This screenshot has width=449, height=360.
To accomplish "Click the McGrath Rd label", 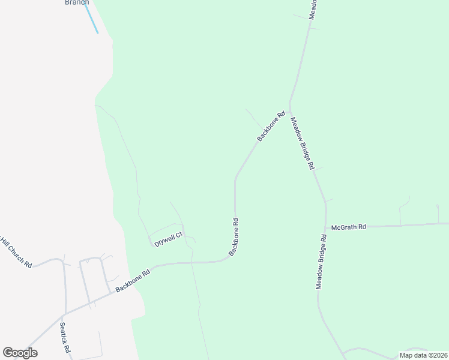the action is click(348, 227).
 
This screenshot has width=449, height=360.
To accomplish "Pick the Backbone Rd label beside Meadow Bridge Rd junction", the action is click(271, 126).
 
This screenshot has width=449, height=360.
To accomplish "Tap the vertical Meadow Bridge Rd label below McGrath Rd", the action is click(322, 262).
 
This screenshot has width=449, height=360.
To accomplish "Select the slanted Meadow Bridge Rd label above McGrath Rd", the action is click(303, 143).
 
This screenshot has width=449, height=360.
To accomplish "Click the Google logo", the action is click(20, 353).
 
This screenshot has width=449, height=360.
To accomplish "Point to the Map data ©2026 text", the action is click(423, 355).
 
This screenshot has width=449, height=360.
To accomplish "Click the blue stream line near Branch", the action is click(92, 19).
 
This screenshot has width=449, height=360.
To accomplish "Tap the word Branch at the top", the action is click(77, 2).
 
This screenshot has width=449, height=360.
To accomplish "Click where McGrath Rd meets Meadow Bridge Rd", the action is click(326, 228).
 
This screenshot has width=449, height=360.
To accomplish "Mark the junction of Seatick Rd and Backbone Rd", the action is click(62, 314).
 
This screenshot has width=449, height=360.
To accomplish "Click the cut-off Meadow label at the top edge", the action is click(312, 8).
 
